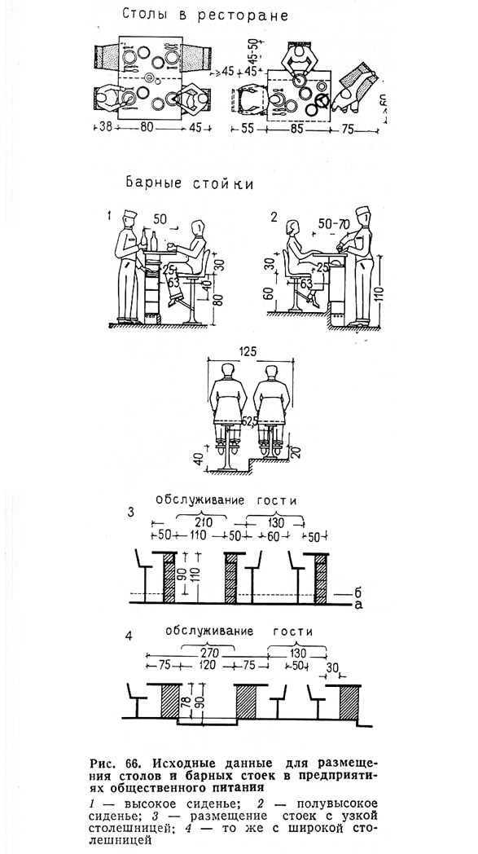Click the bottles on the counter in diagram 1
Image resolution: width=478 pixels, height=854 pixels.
[x=149, y=240]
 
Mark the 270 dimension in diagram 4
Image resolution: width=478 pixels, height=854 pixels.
[x=208, y=653]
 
